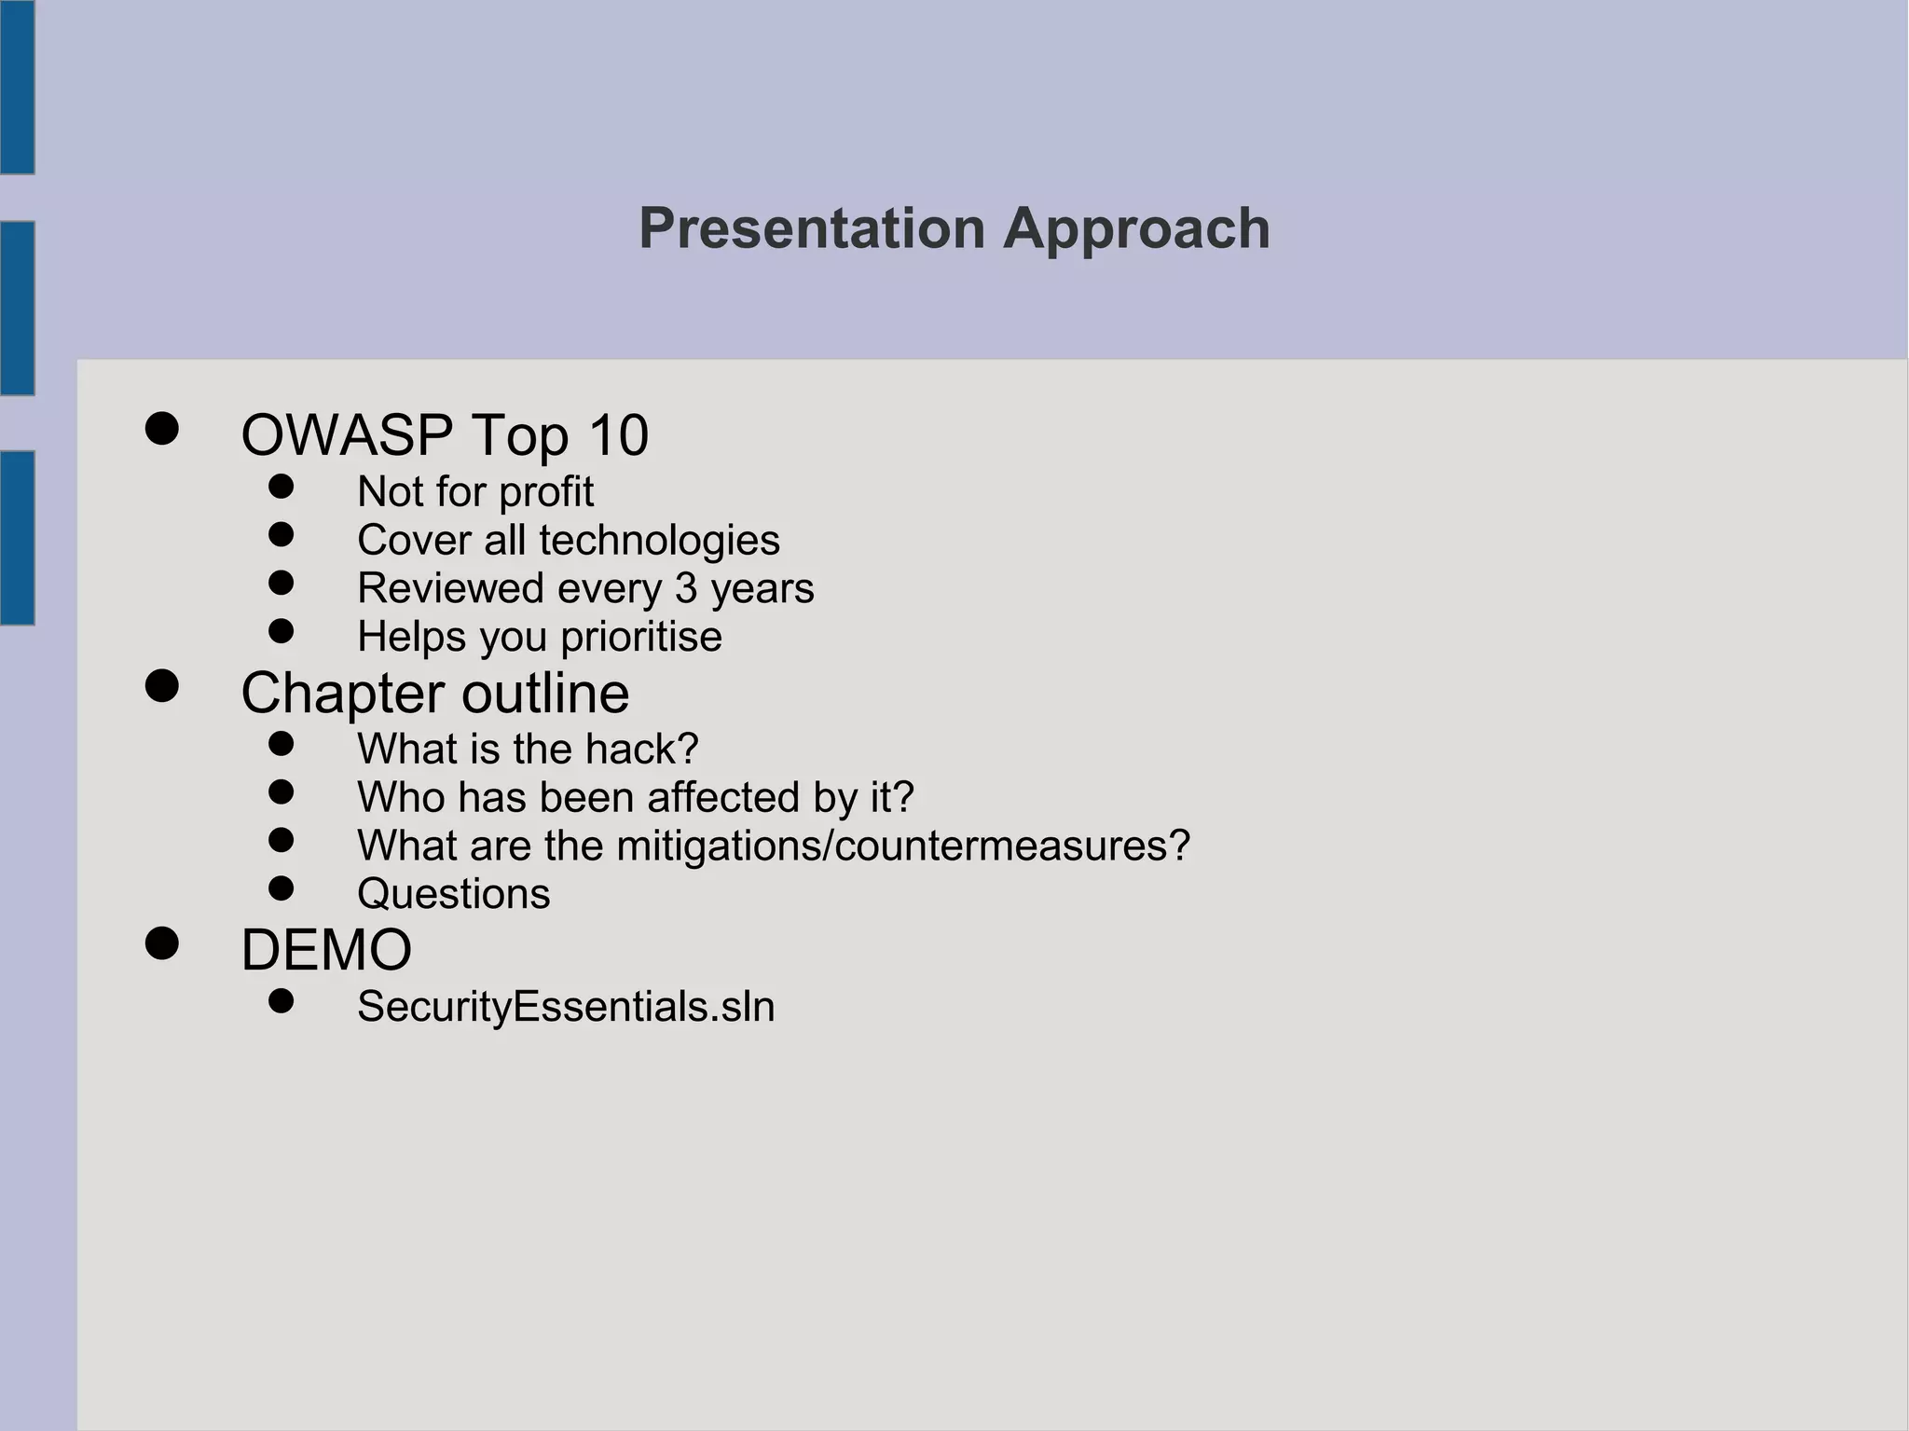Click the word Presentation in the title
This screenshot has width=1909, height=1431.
click(x=811, y=228)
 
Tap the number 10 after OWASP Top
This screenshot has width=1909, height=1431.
click(x=617, y=435)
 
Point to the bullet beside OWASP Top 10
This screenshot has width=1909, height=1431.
click(x=162, y=429)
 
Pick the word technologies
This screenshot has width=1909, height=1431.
click(x=659, y=541)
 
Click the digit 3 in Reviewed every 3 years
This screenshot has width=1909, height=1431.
click(x=685, y=588)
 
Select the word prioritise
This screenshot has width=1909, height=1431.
click(x=640, y=638)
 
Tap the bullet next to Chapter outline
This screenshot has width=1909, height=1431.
click(x=162, y=686)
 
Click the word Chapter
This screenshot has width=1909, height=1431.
click(x=342, y=695)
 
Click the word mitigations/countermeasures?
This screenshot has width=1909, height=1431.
click(x=903, y=846)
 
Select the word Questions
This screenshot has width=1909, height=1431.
click(x=453, y=894)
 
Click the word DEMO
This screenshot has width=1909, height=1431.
click(x=326, y=951)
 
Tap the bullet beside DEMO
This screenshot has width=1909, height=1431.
click(x=162, y=943)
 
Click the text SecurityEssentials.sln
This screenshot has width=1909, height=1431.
click(x=566, y=1007)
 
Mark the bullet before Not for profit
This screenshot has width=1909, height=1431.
click(x=281, y=486)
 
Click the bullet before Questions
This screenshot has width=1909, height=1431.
click(x=281, y=887)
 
